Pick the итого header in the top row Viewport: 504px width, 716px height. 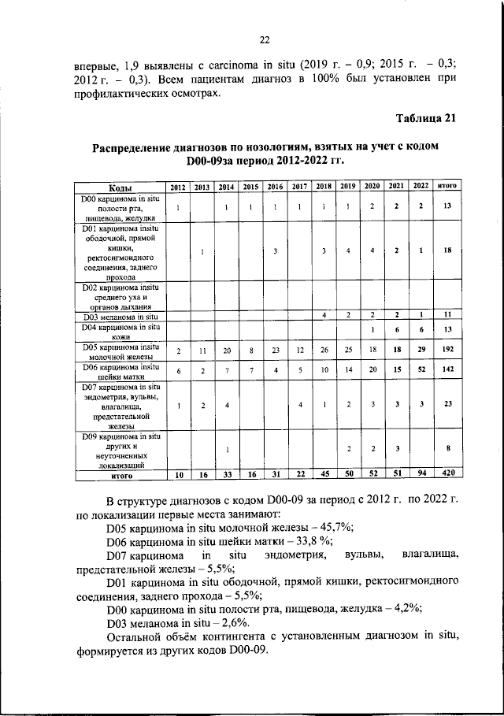coord(447,187)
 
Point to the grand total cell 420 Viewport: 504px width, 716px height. coord(447,474)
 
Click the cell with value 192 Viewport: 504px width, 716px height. coord(447,350)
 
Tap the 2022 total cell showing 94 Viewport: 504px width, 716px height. coord(421,474)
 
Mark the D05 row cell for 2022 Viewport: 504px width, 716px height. coord(421,350)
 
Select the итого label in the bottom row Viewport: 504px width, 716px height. coord(120,475)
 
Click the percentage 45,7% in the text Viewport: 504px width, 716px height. coord(332,527)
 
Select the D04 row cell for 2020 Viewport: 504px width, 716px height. coord(372,329)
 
